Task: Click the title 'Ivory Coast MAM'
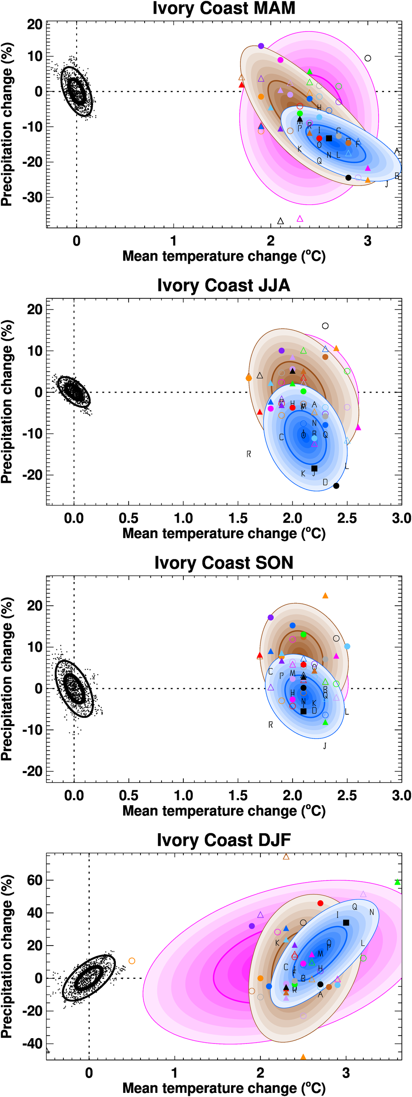224,8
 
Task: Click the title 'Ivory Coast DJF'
224,840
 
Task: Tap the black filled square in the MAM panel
329,138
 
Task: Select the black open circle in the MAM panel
368,58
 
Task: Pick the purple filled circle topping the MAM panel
261,46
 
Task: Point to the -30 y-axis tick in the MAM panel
36,197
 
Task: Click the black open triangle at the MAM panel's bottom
280,221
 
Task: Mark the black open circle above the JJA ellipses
325,326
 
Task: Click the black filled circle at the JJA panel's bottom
336,486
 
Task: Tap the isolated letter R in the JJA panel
249,454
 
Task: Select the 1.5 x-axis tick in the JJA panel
238,518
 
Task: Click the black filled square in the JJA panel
314,468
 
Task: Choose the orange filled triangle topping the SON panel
325,596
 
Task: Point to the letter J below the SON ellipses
325,745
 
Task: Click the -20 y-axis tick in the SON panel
35,771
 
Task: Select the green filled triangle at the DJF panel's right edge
397,882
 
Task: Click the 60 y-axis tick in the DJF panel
36,880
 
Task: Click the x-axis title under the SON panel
224,811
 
